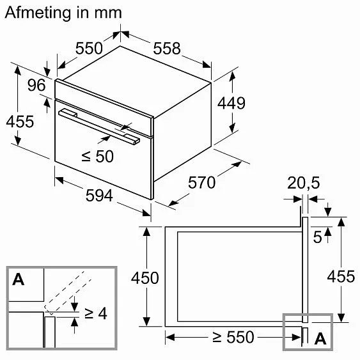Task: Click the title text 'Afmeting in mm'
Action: [63, 13]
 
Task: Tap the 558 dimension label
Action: [167, 49]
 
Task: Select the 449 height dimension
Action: [231, 103]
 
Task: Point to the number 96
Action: [36, 85]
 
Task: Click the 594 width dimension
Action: [99, 196]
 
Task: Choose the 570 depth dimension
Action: [202, 182]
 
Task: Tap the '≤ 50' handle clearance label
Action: [98, 157]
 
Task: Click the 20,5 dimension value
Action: [303, 183]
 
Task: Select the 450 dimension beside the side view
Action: [145, 278]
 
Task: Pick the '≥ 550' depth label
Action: [233, 337]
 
